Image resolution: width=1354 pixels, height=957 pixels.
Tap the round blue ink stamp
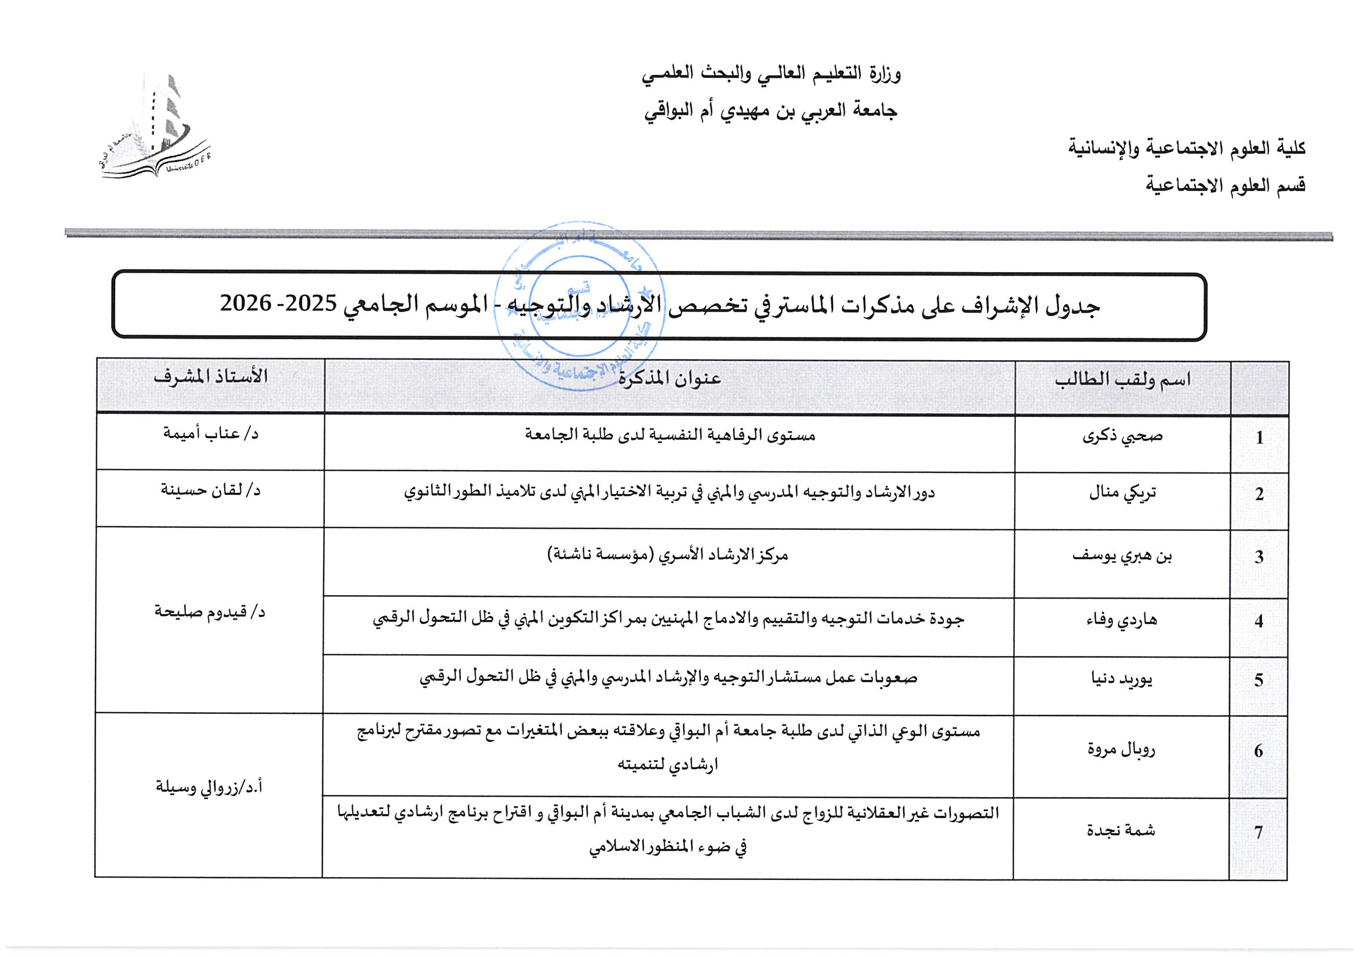[x=580, y=307]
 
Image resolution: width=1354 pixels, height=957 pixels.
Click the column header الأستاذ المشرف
[x=211, y=376]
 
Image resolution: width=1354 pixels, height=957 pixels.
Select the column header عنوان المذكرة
[x=669, y=378]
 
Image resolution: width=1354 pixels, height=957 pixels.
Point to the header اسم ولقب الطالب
[x=1122, y=379]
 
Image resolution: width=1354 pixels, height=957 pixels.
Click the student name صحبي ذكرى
[x=1122, y=437]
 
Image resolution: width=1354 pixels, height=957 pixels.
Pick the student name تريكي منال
[x=1122, y=492]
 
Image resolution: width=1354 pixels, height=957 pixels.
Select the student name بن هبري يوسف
[x=1122, y=555]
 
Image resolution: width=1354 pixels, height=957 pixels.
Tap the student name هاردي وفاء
[x=1122, y=619]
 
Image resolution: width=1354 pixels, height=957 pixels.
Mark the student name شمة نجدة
[x=1121, y=830]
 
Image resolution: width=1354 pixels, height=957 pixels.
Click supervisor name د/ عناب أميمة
[x=211, y=434]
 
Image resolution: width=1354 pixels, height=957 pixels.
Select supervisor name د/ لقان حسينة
[x=211, y=490]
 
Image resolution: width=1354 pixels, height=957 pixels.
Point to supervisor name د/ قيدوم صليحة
[x=210, y=612]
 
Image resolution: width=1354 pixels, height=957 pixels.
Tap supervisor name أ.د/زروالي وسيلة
[x=208, y=787]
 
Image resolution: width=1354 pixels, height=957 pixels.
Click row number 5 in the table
[x=1258, y=680]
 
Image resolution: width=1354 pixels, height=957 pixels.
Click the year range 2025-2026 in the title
[x=278, y=303]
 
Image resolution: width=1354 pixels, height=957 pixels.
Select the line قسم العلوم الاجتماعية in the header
[x=1225, y=186]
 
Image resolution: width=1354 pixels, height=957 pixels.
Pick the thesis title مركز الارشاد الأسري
[x=668, y=555]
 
